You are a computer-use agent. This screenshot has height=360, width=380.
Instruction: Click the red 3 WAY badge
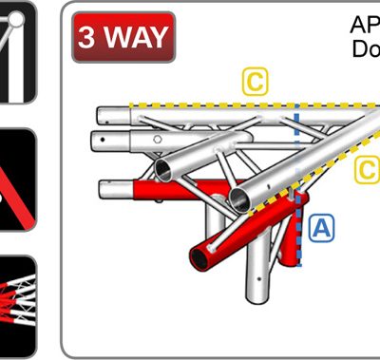tap(123, 37)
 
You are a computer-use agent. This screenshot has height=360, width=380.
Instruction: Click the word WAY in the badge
tap(135, 38)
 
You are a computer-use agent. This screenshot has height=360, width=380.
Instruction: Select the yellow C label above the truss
tap(254, 82)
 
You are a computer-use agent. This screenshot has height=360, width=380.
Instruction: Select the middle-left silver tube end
tap(100, 143)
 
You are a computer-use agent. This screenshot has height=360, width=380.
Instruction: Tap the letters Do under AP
tap(366, 48)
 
